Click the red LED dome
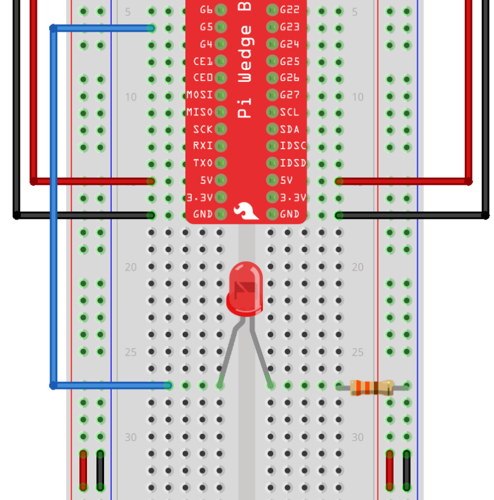pyautogui.click(x=244, y=287)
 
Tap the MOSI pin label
pyautogui.click(x=199, y=95)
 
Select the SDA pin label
pyautogui.click(x=290, y=129)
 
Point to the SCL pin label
pyautogui.click(x=290, y=112)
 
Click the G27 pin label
pyautogui.click(x=290, y=95)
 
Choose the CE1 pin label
pyautogui.click(x=203, y=62)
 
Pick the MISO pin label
pyautogui.click(x=199, y=112)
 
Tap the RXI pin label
pyautogui.click(x=203, y=146)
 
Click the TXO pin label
pyautogui.click(x=203, y=163)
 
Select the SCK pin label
pyautogui.click(x=203, y=129)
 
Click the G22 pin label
pyautogui.click(x=290, y=10)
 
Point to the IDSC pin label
pyautogui.click(x=293, y=146)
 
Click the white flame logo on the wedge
pyautogui.click(x=246, y=211)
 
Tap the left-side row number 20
pyautogui.click(x=130, y=267)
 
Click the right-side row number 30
pyautogui.click(x=357, y=437)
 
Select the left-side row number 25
pyautogui.click(x=130, y=352)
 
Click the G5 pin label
pyautogui.click(x=206, y=27)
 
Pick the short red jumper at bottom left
pyautogui.click(x=83, y=470)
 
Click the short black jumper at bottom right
pyautogui.click(x=406, y=470)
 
